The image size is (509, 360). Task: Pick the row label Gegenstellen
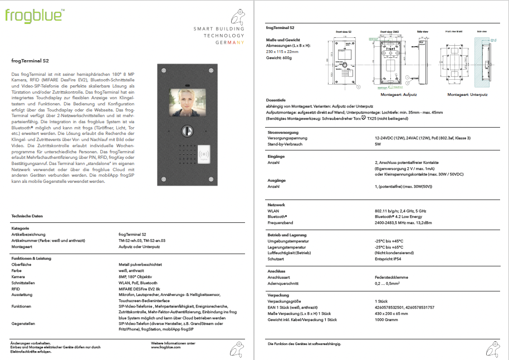(23, 323)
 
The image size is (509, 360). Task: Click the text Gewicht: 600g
(280, 57)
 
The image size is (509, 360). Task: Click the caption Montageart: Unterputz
(468, 96)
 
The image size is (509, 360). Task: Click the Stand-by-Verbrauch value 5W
(378, 143)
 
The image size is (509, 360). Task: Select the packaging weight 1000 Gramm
(386, 320)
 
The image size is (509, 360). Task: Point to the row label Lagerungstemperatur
(287, 247)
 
